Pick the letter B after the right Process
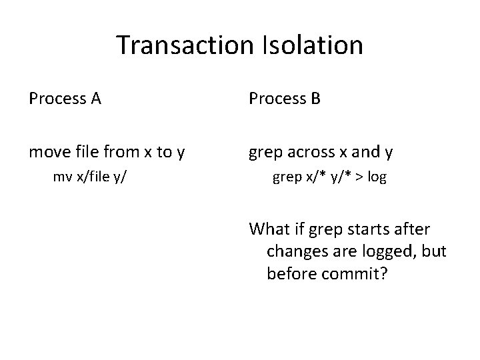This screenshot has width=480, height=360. pyautogui.click(x=314, y=100)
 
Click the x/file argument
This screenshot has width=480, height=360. pyautogui.click(x=91, y=179)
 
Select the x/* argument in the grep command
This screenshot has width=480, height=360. pyautogui.click(x=310, y=179)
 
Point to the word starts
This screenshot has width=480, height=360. pyautogui.click(x=369, y=230)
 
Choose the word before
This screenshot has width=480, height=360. pyautogui.click(x=291, y=274)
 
